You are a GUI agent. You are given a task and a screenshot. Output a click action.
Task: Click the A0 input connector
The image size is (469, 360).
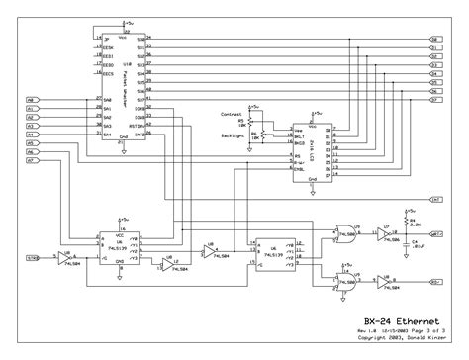31,101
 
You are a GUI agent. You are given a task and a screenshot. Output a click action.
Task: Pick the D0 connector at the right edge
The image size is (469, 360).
436,39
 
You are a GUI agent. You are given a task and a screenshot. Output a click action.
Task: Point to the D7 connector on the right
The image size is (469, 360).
436,100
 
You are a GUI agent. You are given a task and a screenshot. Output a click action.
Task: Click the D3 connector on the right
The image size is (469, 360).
436,65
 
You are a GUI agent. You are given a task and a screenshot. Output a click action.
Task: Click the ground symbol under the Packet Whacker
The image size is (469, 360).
121,149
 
